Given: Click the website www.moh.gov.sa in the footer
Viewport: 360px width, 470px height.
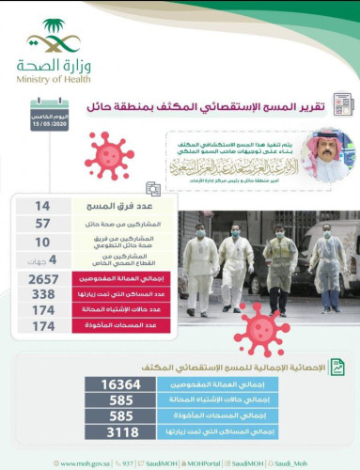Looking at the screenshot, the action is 87,462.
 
